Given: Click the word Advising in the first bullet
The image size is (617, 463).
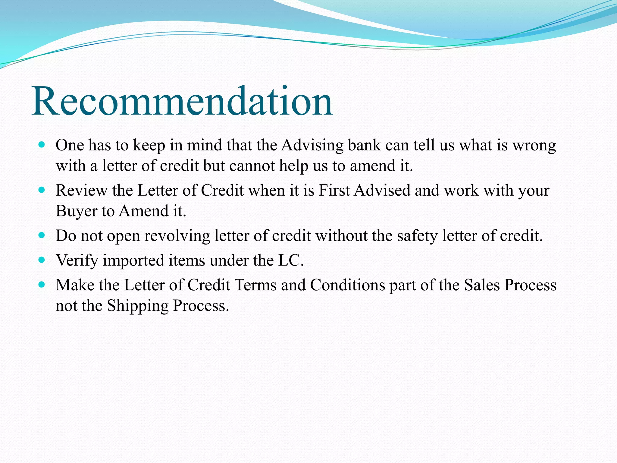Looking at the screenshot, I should point(312,145).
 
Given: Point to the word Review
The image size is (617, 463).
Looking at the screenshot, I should point(81,191).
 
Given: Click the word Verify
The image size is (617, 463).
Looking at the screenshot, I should point(77,260).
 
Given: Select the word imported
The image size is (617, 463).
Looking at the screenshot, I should point(133,260).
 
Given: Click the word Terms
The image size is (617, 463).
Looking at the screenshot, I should point(255,285).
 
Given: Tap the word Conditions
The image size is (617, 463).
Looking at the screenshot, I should point(347,285).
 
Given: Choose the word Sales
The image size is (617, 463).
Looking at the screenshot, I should point(482,285).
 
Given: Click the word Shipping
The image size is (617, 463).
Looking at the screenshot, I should point(138,306).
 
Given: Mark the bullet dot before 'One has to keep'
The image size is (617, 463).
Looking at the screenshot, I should point(42,145).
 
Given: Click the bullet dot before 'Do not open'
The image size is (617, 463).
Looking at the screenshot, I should point(42,235).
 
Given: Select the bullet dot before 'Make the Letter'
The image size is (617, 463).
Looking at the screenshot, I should point(42,284).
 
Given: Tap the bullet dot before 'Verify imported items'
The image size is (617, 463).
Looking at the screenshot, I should point(42,260).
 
